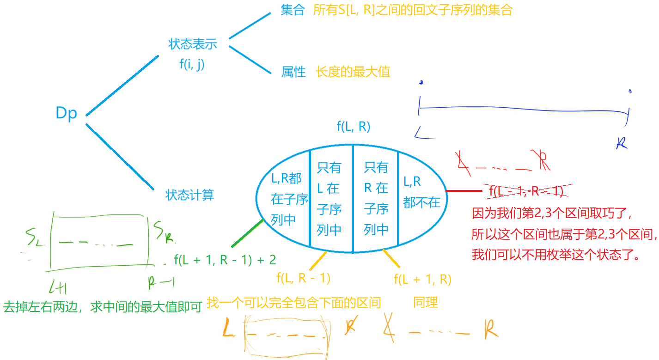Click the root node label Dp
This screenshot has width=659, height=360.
pos(66,113)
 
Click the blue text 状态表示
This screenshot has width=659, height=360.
pos(192,44)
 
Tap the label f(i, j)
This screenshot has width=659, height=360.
pos(192,64)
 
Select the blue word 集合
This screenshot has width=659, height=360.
pos(293,11)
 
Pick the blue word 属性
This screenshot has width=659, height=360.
pos(293,72)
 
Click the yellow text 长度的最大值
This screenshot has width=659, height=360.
pos(353,72)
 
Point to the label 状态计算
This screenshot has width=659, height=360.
pos(189,195)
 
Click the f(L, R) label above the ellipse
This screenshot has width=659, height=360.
pos(354,127)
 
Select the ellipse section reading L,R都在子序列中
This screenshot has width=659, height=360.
pos(289,199)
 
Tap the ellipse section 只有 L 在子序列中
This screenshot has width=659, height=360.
pos(329,199)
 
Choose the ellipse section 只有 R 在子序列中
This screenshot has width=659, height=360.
pos(376,199)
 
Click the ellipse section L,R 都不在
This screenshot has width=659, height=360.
pos(421,192)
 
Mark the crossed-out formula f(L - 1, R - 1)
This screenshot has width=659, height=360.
pos(525,190)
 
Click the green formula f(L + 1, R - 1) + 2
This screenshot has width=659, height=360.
pos(225,260)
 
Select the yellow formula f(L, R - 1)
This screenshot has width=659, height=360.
pos(303,278)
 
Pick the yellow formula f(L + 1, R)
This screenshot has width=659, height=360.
pos(422,279)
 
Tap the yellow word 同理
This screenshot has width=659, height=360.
pos(425,303)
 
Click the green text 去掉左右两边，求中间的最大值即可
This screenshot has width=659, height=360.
pos(103,307)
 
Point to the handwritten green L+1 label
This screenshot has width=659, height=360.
pos(59,288)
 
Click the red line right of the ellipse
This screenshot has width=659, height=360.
pos(464,190)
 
